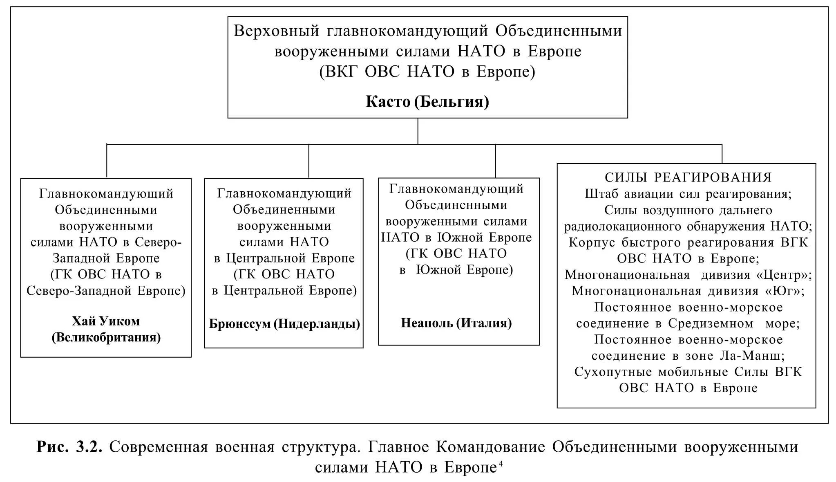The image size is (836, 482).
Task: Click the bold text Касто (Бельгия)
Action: click(x=427, y=101)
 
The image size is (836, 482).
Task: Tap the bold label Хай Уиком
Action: click(x=106, y=321)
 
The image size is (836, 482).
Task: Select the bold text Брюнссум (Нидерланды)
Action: click(x=284, y=324)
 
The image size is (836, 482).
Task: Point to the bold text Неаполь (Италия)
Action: click(x=456, y=323)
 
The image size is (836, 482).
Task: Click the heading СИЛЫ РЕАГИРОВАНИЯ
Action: click(x=688, y=177)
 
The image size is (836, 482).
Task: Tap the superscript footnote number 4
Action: click(x=500, y=464)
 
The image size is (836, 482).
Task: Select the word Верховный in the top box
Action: click(x=276, y=31)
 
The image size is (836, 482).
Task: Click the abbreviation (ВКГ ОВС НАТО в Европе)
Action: click(x=427, y=72)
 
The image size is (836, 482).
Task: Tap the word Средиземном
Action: click(x=711, y=323)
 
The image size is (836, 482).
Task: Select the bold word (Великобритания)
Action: click(x=106, y=337)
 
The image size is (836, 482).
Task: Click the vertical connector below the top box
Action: click(x=418, y=131)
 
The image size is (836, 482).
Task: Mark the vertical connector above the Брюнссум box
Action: click(x=308, y=161)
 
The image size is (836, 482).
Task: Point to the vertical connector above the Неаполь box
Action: click(x=495, y=161)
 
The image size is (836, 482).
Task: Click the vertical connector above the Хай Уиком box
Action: click(x=107, y=161)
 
